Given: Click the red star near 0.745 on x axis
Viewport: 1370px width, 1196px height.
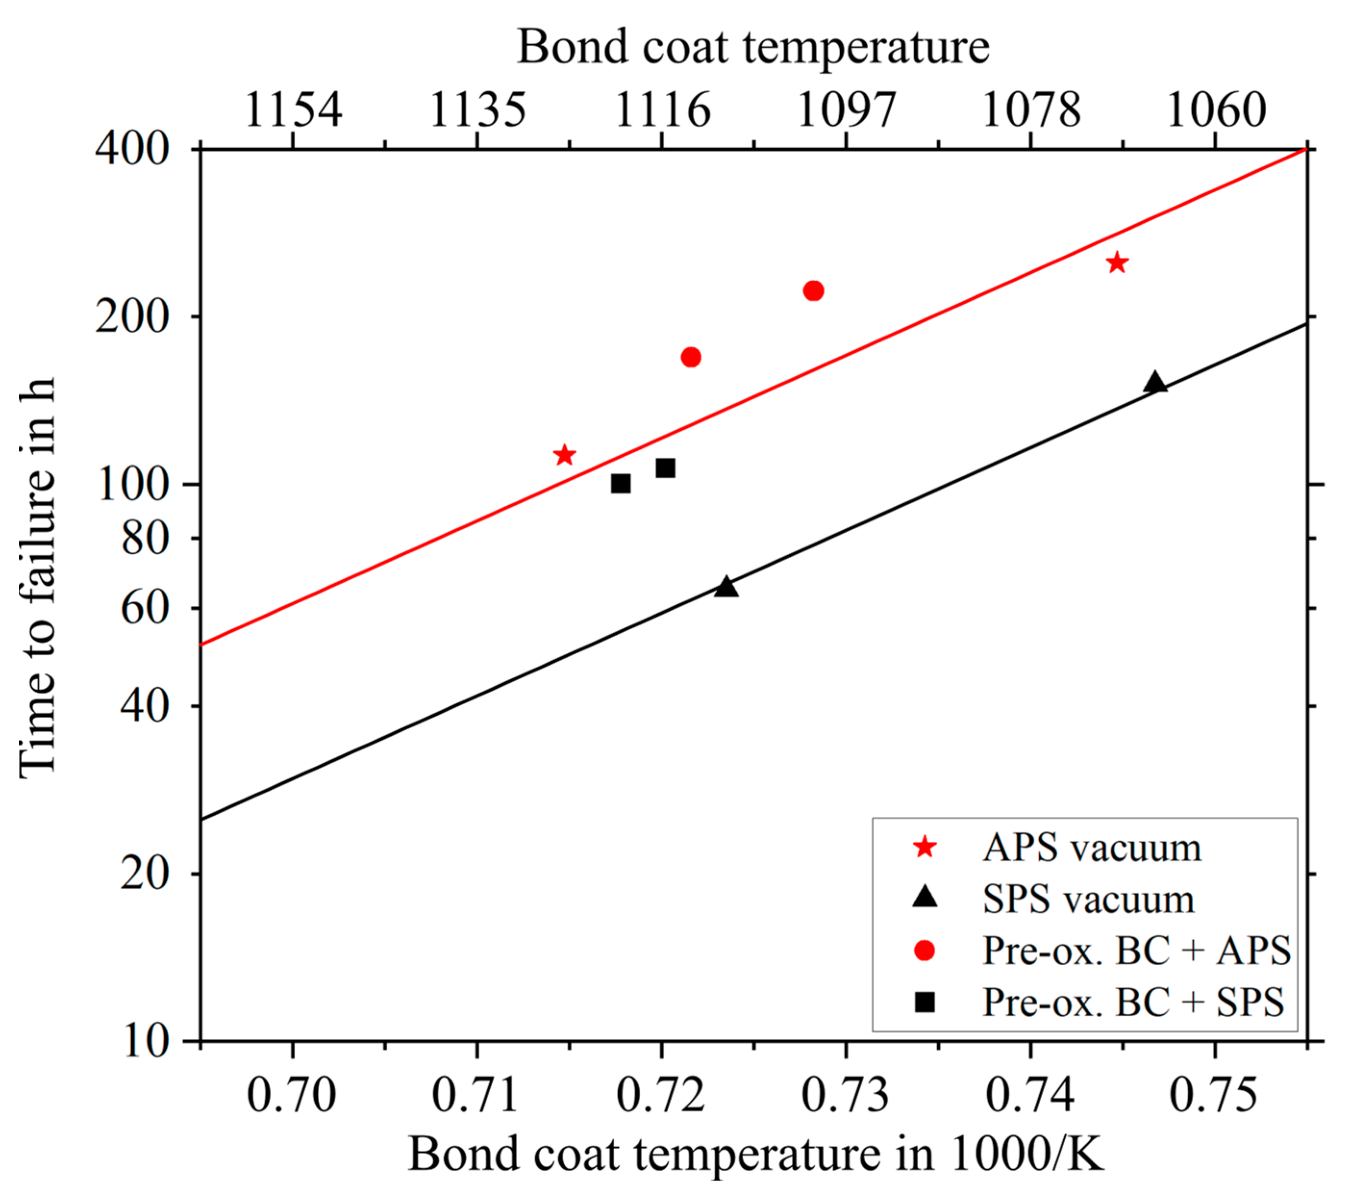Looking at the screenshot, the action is click(x=1116, y=263).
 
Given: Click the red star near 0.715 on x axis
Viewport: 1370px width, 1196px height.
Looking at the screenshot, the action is click(x=564, y=455).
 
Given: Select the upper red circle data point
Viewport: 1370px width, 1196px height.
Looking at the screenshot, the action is click(x=813, y=290).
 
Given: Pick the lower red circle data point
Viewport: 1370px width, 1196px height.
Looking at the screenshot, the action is click(x=691, y=357).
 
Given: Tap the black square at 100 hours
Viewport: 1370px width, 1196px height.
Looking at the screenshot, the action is click(x=621, y=483).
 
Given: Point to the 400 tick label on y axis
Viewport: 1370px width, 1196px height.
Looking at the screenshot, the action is click(x=132, y=148).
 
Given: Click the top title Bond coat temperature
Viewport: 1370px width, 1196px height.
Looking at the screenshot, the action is click(x=753, y=47).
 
